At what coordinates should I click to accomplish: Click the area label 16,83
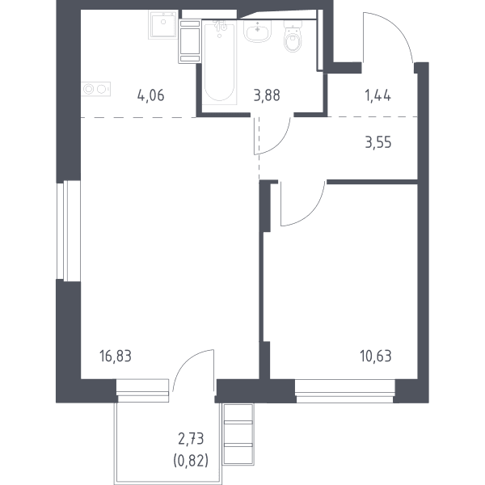click(116, 356)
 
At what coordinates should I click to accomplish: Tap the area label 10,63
click(376, 356)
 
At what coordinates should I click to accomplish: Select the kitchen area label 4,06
click(150, 95)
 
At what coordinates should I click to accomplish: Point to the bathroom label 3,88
click(267, 95)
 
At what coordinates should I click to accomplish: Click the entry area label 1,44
click(378, 95)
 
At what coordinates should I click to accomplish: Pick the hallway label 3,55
click(378, 142)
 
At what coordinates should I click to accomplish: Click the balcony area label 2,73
click(191, 439)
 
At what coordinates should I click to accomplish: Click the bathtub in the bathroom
click(219, 62)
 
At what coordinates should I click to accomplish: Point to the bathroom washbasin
click(257, 31)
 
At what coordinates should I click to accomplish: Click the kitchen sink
click(162, 24)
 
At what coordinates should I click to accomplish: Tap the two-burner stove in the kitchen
click(96, 89)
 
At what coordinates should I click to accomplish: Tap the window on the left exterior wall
click(69, 230)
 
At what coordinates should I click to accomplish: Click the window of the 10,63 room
click(345, 391)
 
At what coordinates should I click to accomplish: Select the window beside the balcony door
click(142, 390)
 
